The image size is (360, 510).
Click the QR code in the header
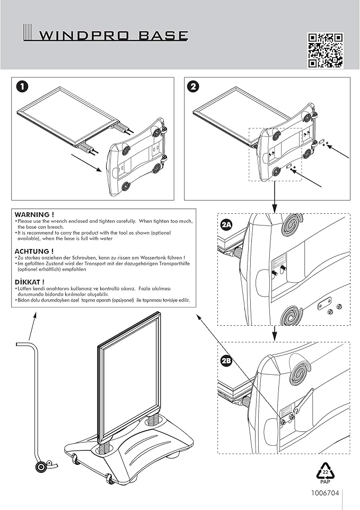pyautogui.click(x=326, y=50)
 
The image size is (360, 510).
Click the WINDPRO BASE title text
pyautogui.click(x=114, y=36)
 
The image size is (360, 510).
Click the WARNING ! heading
pyautogui.click(x=34, y=214)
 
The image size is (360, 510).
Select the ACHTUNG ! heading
pyautogui.click(x=34, y=251)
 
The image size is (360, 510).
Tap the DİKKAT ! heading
pyautogui.click(x=30, y=282)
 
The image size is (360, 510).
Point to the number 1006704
pyautogui.click(x=325, y=493)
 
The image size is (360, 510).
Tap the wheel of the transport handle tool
pyautogui.click(x=40, y=468)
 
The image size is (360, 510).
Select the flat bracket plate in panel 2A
pyautogui.click(x=322, y=305)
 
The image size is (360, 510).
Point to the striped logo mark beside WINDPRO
pyautogui.click(x=29, y=33)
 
